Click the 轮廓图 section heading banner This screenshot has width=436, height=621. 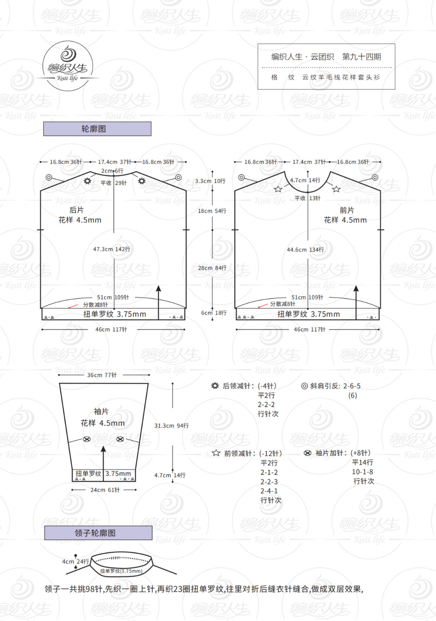point(97,129)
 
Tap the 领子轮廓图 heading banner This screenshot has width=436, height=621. point(98,533)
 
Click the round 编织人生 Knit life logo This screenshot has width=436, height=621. point(68,66)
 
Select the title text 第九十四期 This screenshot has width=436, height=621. point(361,57)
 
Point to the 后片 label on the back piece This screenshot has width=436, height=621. point(76,210)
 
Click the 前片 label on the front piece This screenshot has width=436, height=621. point(347,210)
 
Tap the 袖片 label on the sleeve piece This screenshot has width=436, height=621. point(101,411)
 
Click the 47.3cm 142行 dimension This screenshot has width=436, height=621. point(112,249)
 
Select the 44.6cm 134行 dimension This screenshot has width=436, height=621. point(306,250)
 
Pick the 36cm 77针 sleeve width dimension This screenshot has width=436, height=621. point(102,375)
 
